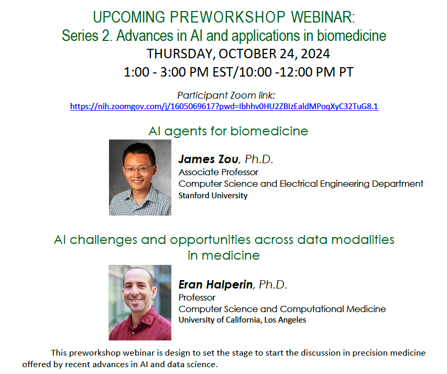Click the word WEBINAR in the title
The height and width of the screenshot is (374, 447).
tap(323, 17)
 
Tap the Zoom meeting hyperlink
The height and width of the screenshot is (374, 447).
tap(224, 106)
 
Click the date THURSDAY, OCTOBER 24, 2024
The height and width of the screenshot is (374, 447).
tap(238, 54)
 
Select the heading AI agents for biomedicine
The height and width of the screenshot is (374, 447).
tap(228, 131)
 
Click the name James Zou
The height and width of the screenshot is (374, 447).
tap(209, 159)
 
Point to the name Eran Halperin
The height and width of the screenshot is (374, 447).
tap(215, 284)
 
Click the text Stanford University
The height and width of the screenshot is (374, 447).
tap(213, 196)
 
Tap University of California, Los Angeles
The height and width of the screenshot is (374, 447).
tap(242, 320)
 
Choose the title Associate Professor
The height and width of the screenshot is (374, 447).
tap(219, 172)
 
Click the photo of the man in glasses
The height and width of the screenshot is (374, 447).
tap(140, 177)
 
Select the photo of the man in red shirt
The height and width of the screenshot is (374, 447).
tap(140, 302)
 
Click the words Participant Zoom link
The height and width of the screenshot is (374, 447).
tap(226, 95)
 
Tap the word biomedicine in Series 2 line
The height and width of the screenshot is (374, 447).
tap(352, 36)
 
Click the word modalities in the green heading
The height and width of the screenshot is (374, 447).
tap(363, 240)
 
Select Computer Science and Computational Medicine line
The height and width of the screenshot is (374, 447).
tap(282, 309)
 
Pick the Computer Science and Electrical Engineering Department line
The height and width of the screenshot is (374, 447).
tap(301, 184)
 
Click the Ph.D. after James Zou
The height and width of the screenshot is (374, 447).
tap(259, 159)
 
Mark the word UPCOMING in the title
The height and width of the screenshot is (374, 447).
tap(129, 17)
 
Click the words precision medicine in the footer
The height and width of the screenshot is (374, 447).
tap(389, 353)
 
